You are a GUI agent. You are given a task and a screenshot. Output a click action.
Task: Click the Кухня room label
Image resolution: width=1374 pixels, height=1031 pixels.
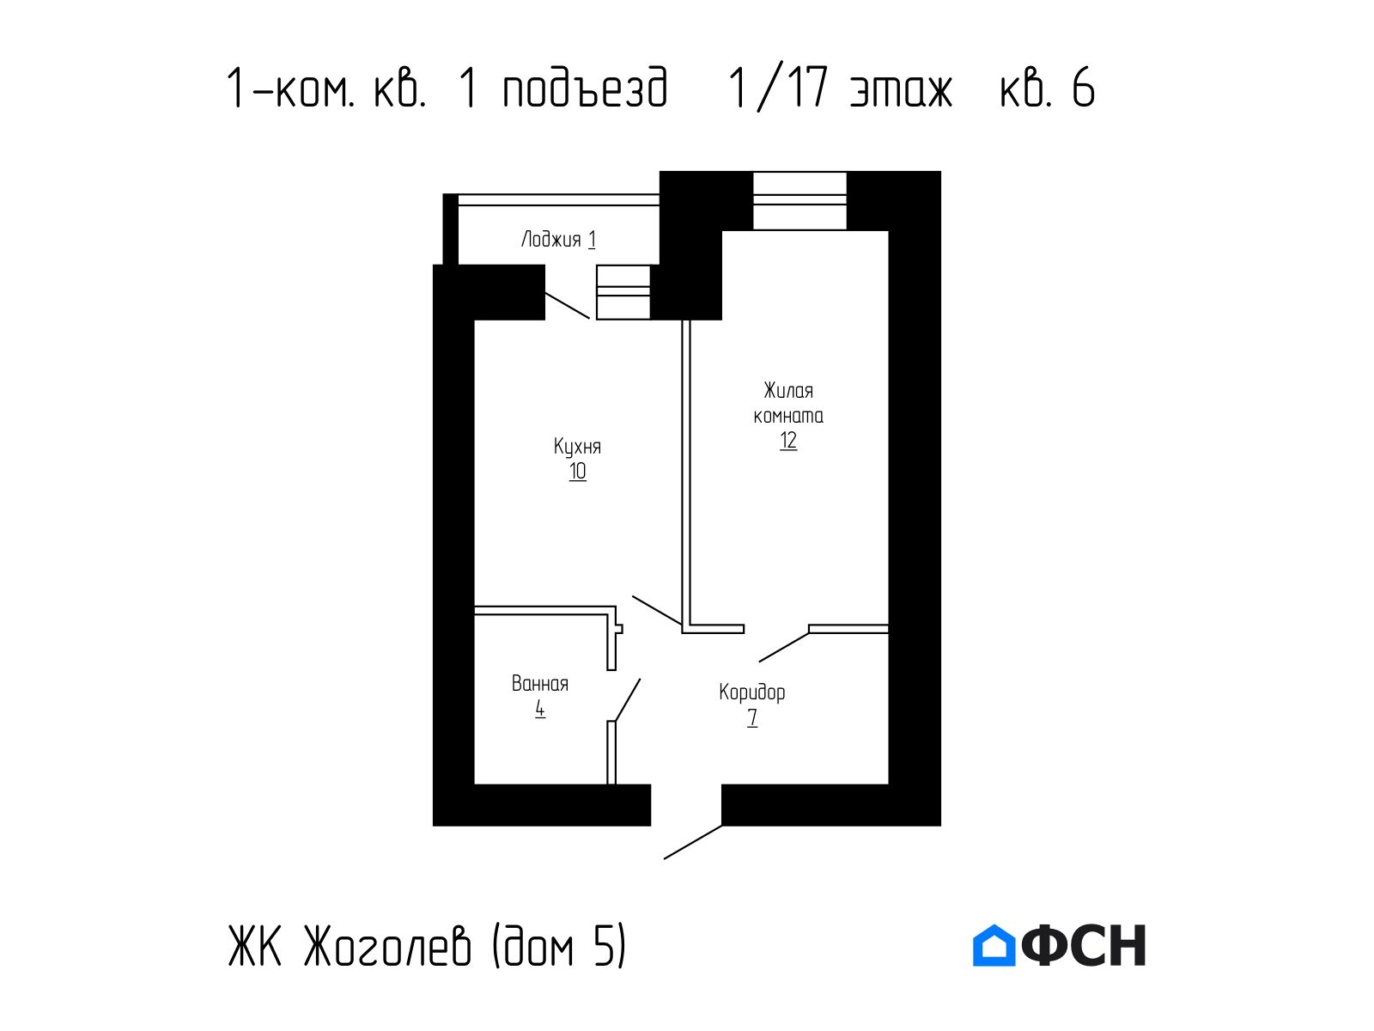(x=577, y=447)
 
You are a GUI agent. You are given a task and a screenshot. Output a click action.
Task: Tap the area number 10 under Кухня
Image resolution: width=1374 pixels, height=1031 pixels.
(x=577, y=472)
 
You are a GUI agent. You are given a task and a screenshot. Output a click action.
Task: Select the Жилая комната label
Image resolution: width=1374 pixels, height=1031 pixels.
(x=788, y=403)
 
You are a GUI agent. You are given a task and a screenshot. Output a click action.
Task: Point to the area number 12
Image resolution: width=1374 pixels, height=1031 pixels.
(x=788, y=441)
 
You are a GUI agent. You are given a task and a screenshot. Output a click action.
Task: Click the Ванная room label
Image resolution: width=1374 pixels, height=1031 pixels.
(x=539, y=684)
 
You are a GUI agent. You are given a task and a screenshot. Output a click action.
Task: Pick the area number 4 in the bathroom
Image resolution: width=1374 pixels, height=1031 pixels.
(x=539, y=710)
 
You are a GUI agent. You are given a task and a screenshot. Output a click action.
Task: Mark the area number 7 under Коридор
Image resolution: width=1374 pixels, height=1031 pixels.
(x=751, y=717)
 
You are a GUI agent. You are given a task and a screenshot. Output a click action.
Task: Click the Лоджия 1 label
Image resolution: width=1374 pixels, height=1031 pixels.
(x=558, y=240)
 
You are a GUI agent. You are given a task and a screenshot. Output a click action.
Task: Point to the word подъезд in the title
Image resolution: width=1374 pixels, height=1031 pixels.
(x=586, y=88)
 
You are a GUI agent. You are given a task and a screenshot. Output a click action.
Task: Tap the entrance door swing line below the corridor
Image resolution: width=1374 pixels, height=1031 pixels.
(x=693, y=842)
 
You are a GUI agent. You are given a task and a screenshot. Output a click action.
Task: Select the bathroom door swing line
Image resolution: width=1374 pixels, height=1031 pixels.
(x=628, y=700)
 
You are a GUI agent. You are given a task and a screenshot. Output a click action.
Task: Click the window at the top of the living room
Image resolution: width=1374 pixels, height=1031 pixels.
(x=799, y=200)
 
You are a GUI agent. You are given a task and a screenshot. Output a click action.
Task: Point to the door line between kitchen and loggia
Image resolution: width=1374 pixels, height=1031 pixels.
(x=568, y=306)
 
